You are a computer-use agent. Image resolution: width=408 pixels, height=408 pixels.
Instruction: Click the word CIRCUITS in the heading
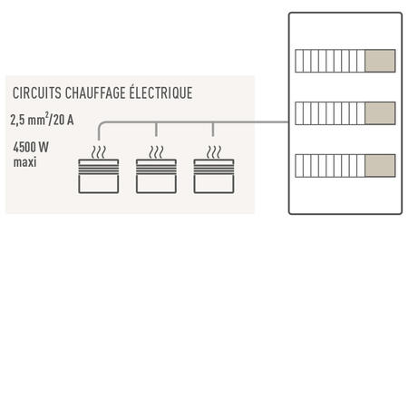pyautogui.click(x=37, y=92)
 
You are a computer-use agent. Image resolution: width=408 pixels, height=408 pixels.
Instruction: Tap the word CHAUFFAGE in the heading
pyautogui.click(x=95, y=92)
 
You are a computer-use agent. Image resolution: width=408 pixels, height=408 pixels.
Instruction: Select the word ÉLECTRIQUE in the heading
pyautogui.click(x=160, y=92)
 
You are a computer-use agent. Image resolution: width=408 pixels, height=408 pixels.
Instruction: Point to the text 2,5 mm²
pyautogui.click(x=30, y=119)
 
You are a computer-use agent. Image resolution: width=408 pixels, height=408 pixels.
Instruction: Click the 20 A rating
pyautogui.click(x=63, y=120)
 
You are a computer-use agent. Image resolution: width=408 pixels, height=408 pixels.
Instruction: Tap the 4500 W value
pyautogui.click(x=31, y=147)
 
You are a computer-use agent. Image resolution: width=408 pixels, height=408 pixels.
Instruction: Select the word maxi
pyautogui.click(x=24, y=162)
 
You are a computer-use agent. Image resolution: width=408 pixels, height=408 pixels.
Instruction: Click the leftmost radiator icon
pyautogui.click(x=99, y=176)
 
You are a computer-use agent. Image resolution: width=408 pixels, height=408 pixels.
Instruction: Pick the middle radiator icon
pyautogui.click(x=156, y=176)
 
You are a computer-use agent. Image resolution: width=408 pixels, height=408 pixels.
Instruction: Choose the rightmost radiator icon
pyautogui.click(x=214, y=176)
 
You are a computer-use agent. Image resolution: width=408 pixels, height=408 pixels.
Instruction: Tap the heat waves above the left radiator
pyautogui.click(x=99, y=152)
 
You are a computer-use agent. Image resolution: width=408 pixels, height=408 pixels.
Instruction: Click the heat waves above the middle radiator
pyautogui.click(x=156, y=152)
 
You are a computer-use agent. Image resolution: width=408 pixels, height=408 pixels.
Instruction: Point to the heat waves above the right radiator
pyautogui.click(x=214, y=152)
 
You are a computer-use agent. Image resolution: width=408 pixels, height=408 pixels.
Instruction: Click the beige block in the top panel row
pyautogui.click(x=380, y=61)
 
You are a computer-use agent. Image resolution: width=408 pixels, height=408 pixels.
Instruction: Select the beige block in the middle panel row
pyautogui.click(x=380, y=113)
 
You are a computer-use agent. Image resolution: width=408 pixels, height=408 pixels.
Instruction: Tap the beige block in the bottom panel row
pyautogui.click(x=380, y=166)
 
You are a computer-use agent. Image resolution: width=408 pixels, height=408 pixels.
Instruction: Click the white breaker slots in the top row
pyautogui.click(x=330, y=61)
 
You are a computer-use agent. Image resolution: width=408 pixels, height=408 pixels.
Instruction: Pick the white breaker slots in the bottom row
pyautogui.click(x=330, y=166)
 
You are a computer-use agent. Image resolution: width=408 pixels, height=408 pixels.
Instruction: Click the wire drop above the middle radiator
pyautogui.click(x=156, y=130)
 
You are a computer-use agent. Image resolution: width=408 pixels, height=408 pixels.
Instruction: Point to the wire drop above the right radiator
pyautogui.click(x=213, y=130)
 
